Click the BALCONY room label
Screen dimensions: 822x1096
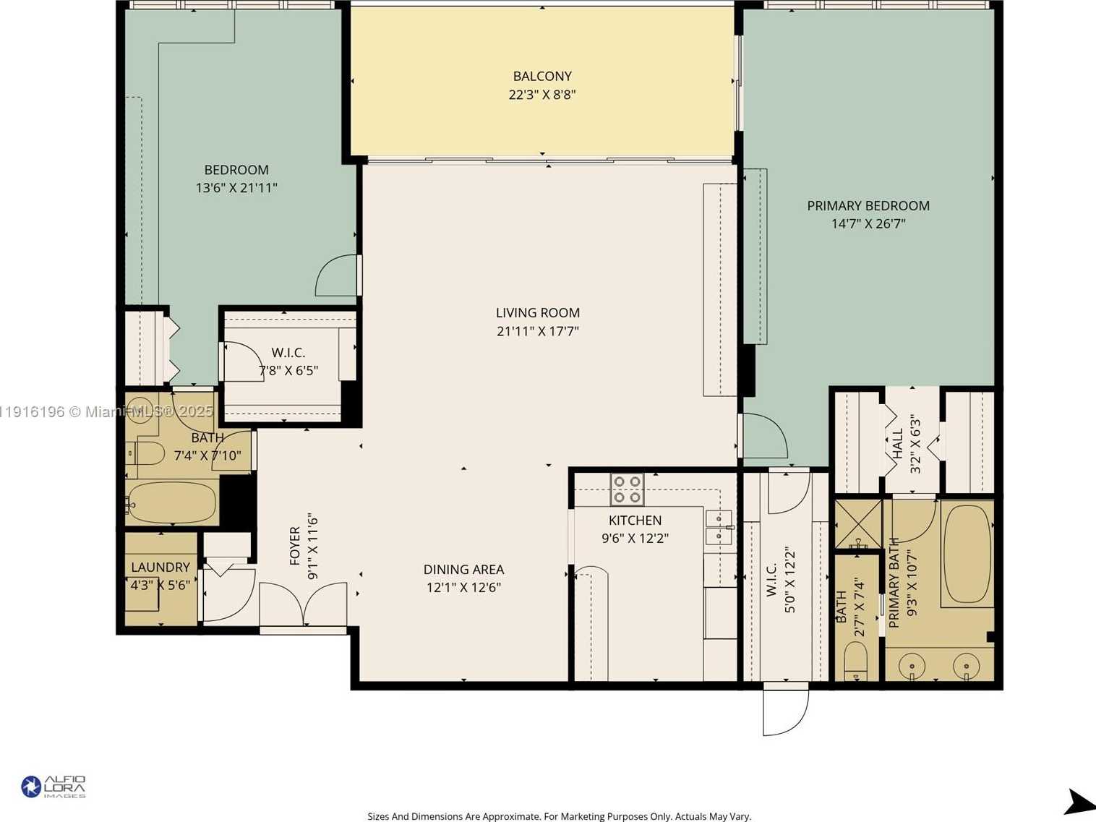542,76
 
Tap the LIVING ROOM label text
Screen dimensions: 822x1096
537,313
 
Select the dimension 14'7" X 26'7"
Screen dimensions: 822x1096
868,224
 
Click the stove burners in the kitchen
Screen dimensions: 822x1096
627,489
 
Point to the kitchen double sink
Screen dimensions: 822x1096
719,527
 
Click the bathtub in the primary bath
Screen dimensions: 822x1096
967,554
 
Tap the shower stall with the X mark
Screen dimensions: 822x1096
858,523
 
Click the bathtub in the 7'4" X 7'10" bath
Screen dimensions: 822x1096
172,502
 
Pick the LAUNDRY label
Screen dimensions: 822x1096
160,568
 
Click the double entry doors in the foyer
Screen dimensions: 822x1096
303,604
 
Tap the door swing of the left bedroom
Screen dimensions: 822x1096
335,276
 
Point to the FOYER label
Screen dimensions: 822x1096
295,546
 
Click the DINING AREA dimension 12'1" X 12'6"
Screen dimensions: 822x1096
463,588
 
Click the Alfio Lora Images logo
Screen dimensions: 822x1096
53,787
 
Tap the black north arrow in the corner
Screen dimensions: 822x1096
1079,802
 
